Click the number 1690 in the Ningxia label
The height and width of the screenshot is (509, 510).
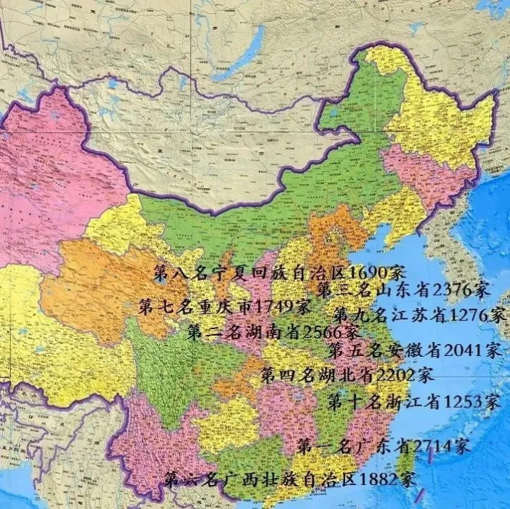coord(374,273)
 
